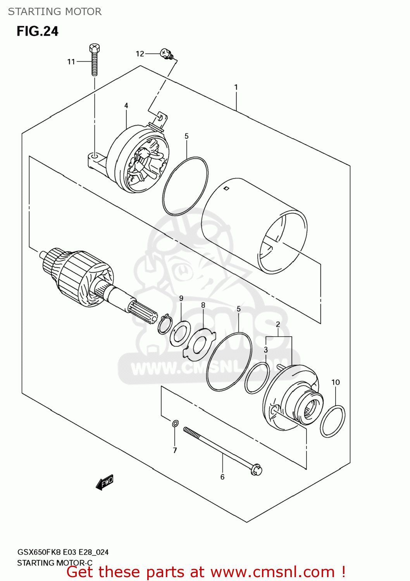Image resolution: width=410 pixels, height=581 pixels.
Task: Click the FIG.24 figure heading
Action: coord(38,31)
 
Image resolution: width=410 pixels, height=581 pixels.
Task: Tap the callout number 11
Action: coord(71,62)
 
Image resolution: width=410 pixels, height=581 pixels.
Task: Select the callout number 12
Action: coord(140,54)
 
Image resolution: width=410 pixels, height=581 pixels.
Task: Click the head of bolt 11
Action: coord(95,48)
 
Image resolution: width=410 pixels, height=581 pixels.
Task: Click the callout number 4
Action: coord(126,106)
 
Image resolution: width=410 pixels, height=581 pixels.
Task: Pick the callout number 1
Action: coord(236,88)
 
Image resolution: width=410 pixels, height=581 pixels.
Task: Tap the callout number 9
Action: coord(181,298)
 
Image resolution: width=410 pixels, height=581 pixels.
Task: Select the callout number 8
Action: coord(203,305)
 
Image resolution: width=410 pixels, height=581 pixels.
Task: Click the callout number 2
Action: coord(278,324)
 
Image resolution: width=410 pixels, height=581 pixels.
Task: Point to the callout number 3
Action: coord(266,350)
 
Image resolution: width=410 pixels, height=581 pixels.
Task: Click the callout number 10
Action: coord(336,382)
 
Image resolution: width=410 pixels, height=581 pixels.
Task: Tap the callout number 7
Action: coord(175,450)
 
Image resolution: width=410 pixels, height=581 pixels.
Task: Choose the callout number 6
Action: coord(222,477)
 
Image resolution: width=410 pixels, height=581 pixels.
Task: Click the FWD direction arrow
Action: coord(105,483)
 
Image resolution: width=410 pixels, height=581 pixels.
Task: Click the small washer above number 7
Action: coord(175,424)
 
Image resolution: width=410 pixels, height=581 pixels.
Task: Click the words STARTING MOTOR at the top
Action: coord(55,12)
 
